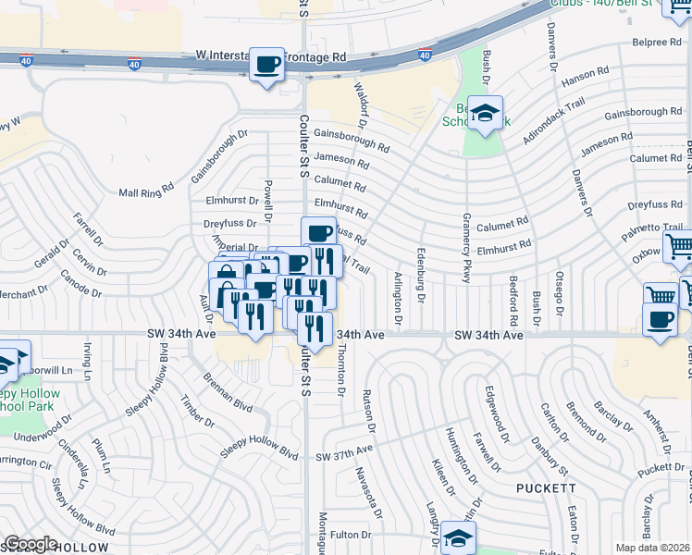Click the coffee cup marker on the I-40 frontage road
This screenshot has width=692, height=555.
point(267,65)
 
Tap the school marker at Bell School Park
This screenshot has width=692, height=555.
point(485,114)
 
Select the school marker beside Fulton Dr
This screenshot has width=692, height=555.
point(458,537)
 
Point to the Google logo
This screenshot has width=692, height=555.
point(31,544)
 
